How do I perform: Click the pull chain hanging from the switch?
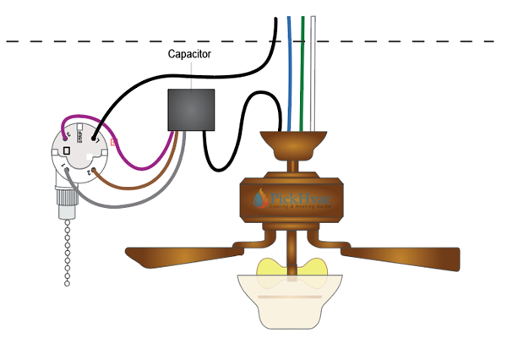(66, 254)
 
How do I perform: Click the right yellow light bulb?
(313, 267)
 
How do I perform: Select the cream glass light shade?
(292, 300)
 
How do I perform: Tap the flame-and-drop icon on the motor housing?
(260, 199)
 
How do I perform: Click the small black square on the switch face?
(64, 150)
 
